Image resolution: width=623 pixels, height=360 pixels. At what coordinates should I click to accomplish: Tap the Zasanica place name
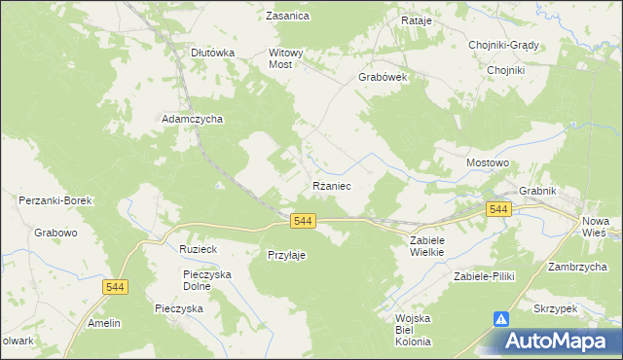[287, 17]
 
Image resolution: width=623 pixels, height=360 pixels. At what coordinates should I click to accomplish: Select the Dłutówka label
[212, 54]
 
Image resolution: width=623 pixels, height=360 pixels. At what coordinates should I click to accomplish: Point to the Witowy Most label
[287, 59]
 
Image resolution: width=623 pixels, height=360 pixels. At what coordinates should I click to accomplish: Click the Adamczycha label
[192, 119]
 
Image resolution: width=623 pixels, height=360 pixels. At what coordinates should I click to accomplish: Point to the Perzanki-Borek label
[55, 200]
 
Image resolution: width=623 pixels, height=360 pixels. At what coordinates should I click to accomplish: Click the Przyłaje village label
[287, 255]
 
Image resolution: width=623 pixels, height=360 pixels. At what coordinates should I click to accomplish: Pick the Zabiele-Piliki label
[483, 276]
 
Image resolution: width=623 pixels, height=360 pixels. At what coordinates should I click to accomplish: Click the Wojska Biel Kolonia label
[413, 330]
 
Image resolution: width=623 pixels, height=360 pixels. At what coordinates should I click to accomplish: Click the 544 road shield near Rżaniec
[303, 222]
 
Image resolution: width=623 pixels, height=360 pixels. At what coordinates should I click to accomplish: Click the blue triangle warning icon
[501, 319]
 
